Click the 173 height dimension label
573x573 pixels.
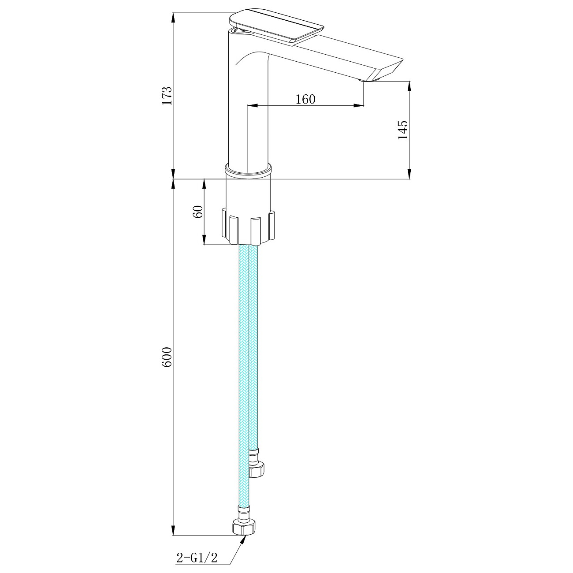167,96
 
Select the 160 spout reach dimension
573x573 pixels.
305,99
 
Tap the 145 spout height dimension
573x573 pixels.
403,130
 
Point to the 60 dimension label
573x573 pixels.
198,212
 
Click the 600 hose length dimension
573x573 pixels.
167,357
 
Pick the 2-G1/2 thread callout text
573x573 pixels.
197,558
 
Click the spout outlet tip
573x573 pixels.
369,80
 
